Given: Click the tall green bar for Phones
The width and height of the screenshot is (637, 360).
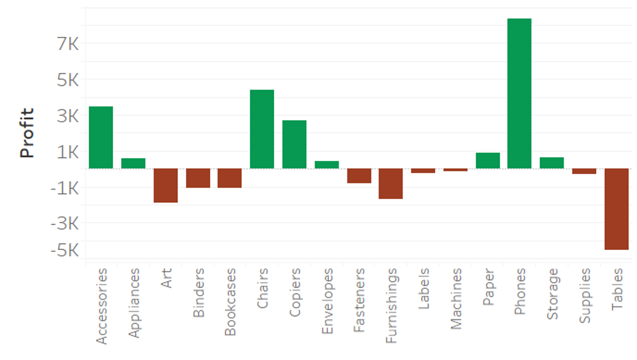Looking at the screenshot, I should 519,93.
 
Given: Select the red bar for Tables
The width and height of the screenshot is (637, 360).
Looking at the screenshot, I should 616,209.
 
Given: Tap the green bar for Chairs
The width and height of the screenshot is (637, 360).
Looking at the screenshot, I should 262,129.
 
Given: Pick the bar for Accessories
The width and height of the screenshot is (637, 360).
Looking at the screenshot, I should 101,137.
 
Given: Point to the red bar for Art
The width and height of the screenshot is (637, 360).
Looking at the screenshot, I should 166,185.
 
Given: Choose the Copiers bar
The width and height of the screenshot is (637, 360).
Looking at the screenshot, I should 294,144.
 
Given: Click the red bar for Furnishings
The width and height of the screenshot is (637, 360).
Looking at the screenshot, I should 391,184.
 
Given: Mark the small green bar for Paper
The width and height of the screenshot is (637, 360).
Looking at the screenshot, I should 487,160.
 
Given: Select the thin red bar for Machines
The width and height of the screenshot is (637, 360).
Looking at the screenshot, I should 455,169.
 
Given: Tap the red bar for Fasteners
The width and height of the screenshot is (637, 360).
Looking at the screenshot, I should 359,176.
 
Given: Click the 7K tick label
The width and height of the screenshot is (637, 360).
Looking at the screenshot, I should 68,44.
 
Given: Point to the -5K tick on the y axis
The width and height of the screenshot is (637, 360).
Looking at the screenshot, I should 65,250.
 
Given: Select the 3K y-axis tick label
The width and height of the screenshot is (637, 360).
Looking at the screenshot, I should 68,116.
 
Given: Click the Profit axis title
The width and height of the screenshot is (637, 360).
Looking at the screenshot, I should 27,133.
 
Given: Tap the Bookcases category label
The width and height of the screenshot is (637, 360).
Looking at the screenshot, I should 230,302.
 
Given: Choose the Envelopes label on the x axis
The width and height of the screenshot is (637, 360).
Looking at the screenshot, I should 327,301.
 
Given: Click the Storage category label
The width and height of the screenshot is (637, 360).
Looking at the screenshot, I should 552,294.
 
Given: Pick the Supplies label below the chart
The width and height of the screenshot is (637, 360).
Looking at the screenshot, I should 584,296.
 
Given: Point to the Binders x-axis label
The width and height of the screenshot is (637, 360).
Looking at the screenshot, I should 198,293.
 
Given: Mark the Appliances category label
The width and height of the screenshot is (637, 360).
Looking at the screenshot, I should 133,303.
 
